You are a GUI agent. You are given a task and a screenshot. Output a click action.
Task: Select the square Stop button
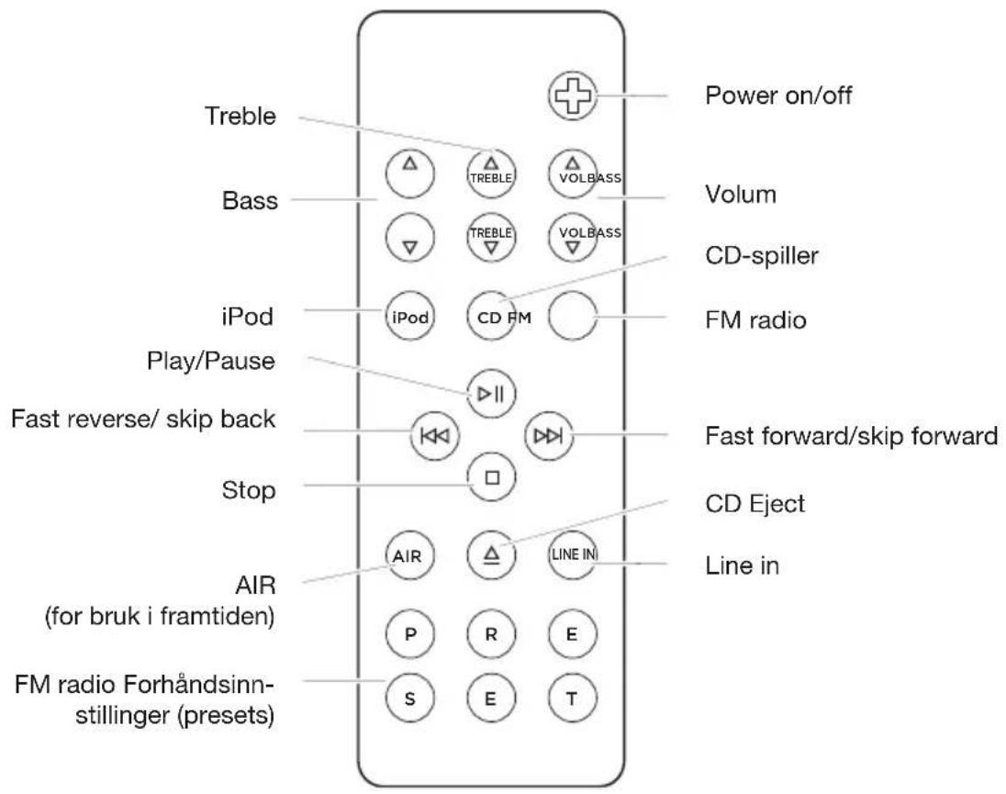coord(491,477)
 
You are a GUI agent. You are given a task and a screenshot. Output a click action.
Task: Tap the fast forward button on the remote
coord(548,435)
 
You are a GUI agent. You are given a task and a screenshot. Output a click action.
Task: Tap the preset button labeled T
coord(573,698)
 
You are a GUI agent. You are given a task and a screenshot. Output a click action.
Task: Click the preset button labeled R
coord(491,633)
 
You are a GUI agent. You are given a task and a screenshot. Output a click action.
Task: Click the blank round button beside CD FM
coord(573,319)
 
